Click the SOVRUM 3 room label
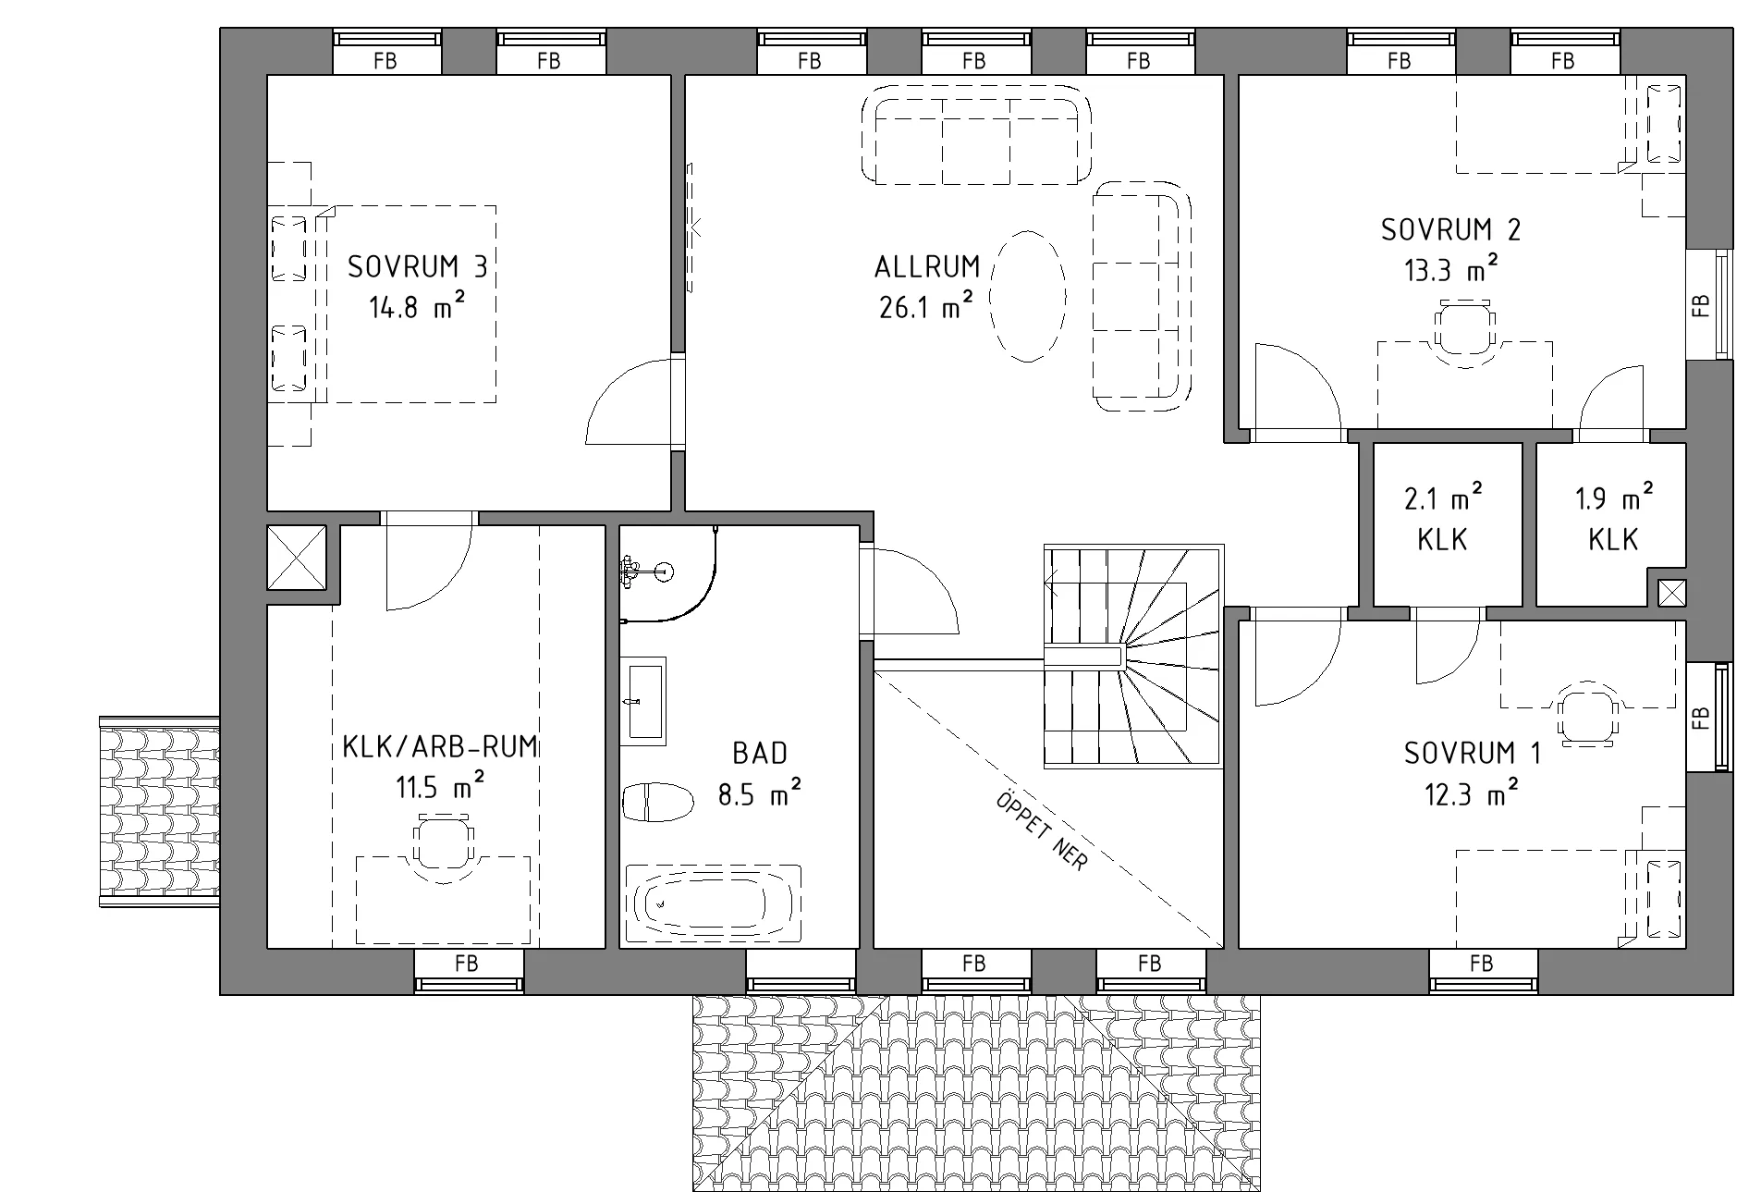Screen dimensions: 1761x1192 point(417,267)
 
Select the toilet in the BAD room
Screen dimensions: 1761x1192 point(658,802)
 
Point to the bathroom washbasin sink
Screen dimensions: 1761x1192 point(642,700)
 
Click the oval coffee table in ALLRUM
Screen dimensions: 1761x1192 point(1028,296)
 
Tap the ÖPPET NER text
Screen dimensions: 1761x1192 point(1042,830)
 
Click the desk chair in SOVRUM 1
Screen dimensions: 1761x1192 point(1588,714)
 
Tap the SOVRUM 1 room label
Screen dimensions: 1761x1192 point(1473,754)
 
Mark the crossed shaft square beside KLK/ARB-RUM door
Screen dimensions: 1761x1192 point(297,557)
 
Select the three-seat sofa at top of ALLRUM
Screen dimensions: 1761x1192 point(976,136)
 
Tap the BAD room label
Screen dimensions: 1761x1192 point(760,754)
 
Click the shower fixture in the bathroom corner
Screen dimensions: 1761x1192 point(647,571)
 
